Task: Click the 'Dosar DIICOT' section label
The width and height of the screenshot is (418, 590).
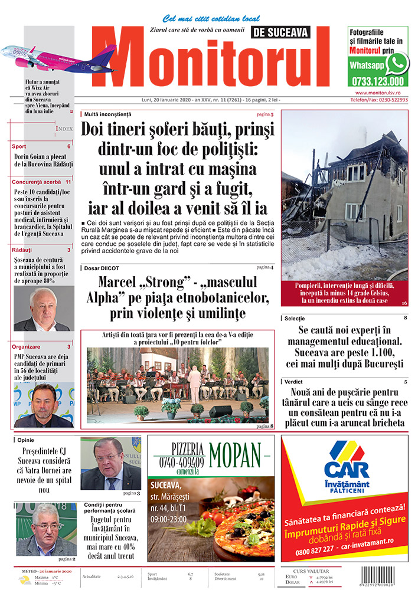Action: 102,267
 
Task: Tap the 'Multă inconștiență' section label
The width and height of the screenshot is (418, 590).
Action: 108,113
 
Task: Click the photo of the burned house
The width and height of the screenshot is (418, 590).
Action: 344,195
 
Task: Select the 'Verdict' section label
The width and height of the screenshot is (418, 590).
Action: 293,382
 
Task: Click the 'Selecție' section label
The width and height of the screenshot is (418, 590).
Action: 295,319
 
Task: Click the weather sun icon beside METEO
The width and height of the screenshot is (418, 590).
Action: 24,580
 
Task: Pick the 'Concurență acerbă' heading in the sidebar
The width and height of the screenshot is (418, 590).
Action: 37,182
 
